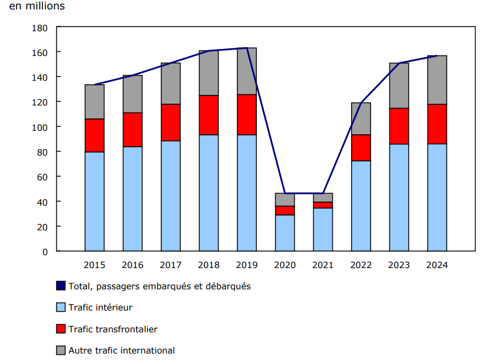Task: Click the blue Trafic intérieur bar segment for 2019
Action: pos(247,193)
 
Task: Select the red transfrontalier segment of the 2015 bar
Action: pos(94,136)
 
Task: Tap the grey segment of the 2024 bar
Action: pos(437,80)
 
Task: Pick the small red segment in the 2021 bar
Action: pos(323,205)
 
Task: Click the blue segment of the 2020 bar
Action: pos(285,233)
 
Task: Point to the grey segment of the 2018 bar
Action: pos(209,73)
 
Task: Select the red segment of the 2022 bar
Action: pos(361,148)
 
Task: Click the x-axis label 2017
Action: pos(171,265)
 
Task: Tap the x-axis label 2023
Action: pos(399,265)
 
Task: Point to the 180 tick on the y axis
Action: pos(39,28)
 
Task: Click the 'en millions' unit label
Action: pos(37,6)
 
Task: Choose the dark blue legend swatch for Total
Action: pos(61,286)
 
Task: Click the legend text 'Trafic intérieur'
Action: pos(101,308)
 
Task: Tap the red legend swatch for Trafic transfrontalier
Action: pos(61,329)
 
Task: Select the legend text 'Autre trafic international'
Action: pos(122,351)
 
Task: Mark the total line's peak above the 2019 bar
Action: pos(247,48)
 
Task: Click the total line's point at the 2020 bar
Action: pos(285,193)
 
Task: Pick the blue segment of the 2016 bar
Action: pos(133,199)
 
